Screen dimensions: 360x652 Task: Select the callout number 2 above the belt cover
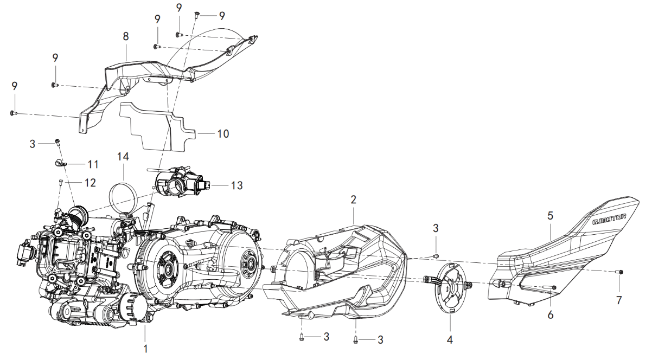pos(353,200)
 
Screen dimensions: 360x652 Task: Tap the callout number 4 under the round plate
pos(449,340)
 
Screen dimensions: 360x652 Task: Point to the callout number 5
pos(550,215)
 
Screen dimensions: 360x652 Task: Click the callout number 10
pos(223,133)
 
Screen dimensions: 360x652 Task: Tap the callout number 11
pos(93,163)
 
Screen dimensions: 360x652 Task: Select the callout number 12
pos(90,183)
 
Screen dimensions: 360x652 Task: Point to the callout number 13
pos(236,185)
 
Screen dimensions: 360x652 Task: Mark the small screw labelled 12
pos(60,183)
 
